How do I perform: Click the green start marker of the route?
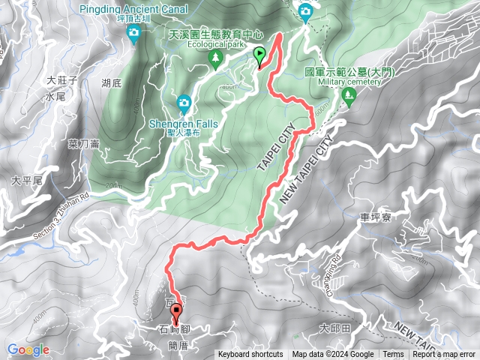pyautogui.click(x=260, y=55)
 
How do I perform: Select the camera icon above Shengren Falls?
pyautogui.click(x=184, y=102)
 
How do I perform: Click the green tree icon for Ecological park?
pyautogui.click(x=216, y=58)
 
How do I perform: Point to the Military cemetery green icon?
pyautogui.click(x=348, y=95)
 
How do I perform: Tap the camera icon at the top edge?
pyautogui.click(x=306, y=12)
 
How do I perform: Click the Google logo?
pyautogui.click(x=28, y=349)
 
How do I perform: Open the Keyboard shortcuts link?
pyautogui.click(x=250, y=355)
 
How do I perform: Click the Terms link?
pyautogui.click(x=393, y=355)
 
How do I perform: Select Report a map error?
pyautogui.click(x=442, y=355)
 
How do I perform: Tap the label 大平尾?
pyautogui.click(x=27, y=181)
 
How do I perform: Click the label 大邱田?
pyautogui.click(x=335, y=328)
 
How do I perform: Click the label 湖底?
pyautogui.click(x=112, y=83)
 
